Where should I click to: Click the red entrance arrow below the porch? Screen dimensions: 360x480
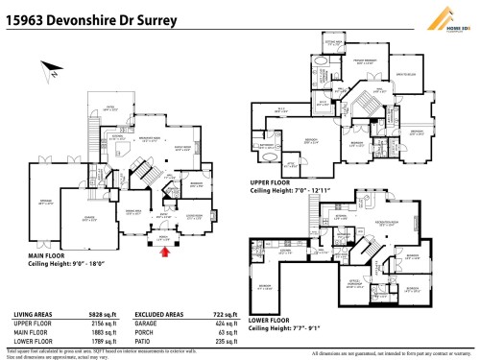(165, 252)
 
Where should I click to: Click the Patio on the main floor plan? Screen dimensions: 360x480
(110, 109)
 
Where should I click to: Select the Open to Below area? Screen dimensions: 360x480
(403, 75)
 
